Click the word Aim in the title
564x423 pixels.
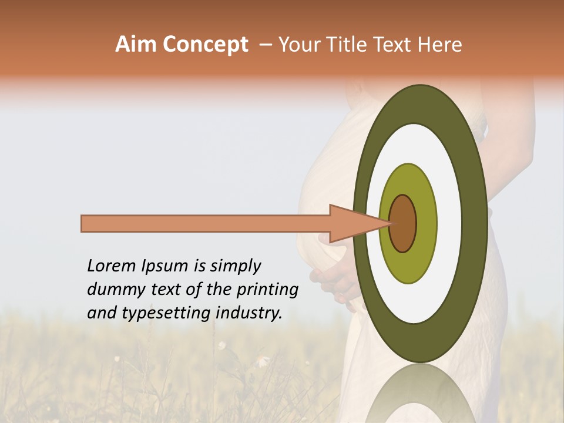pos(136,45)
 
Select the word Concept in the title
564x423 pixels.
pos(204,45)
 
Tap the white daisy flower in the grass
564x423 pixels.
pos(222,345)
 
